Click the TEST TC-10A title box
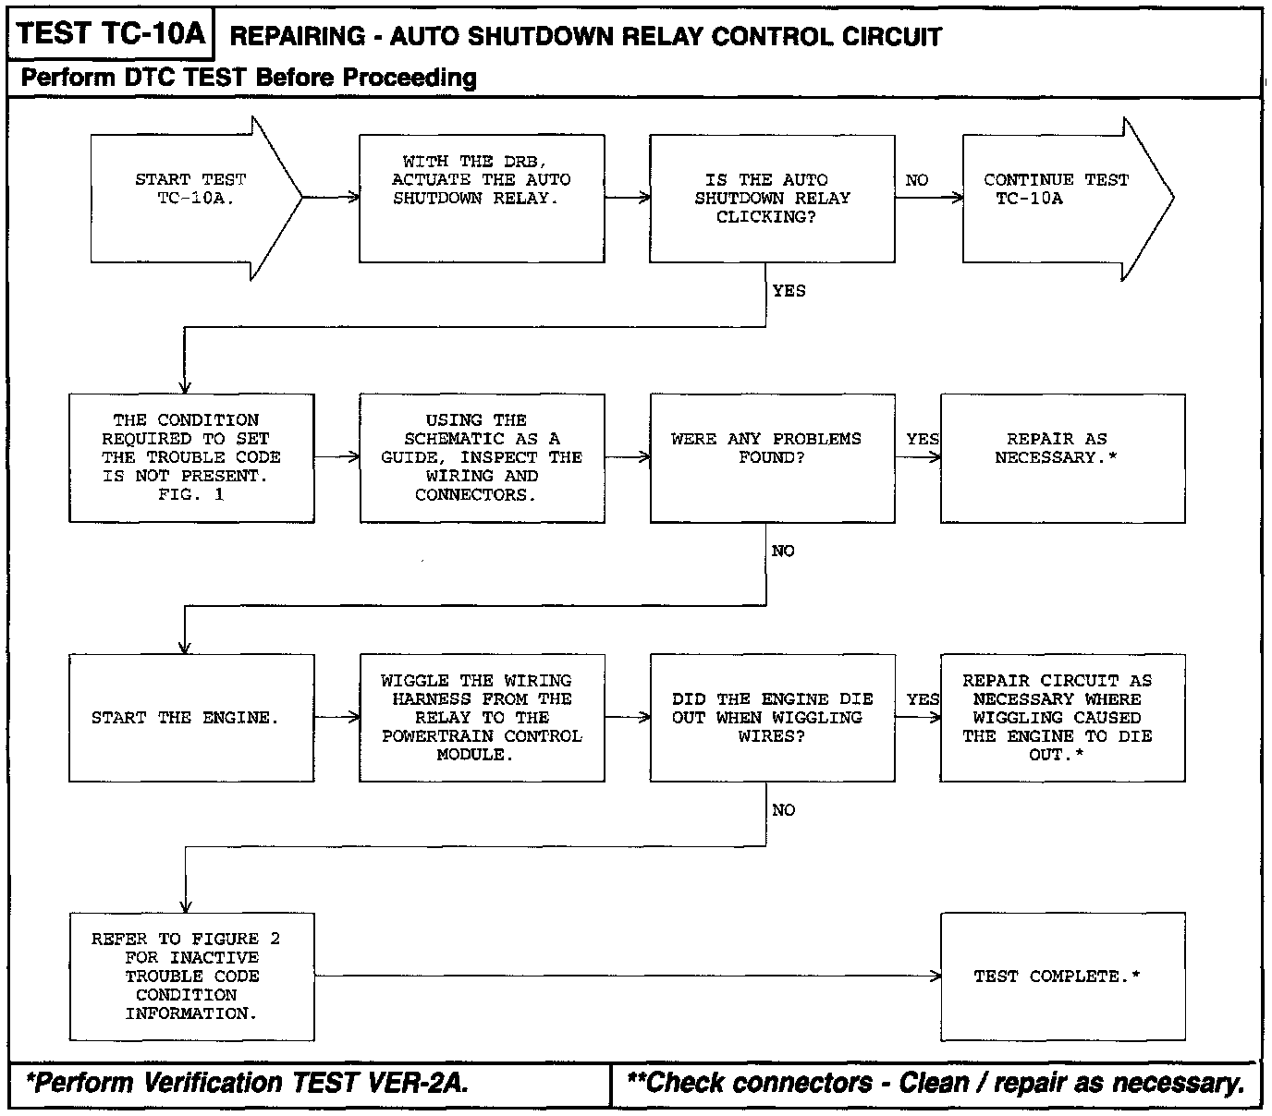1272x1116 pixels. coord(110,34)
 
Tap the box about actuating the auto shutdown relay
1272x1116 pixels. coord(482,198)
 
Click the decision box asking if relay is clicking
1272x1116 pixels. coord(772,198)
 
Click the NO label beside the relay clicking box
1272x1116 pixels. coord(917,180)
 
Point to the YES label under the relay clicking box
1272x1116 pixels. coord(789,291)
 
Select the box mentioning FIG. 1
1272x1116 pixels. coord(191,457)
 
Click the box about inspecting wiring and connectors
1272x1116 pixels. coord(482,457)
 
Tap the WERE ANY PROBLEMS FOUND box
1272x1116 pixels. coord(772,457)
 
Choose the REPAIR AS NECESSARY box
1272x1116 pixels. coord(1062,457)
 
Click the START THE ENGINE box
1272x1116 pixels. coord(191,718)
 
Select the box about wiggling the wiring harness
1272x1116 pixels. coord(482,718)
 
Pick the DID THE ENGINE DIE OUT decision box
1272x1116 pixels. coord(772,718)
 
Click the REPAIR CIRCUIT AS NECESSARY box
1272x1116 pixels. coord(1062,718)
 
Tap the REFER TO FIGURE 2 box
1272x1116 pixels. coord(191,977)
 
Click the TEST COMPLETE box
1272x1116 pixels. coord(1062,977)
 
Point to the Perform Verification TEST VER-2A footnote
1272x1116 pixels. coord(248,1083)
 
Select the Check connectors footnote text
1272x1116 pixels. coord(936,1083)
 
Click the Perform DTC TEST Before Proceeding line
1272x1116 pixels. coord(249,78)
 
